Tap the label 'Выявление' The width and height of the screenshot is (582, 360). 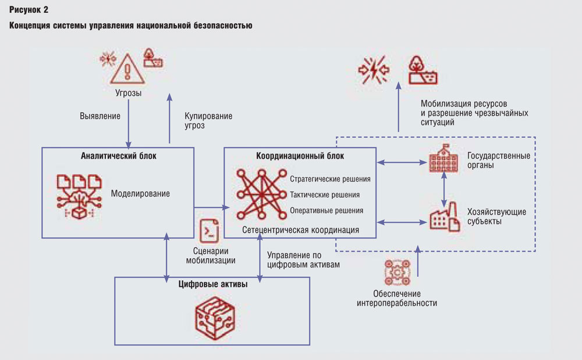pos(100,116)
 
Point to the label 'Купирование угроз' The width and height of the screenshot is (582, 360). pos(208,120)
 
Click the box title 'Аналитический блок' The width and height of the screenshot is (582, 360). pos(118,156)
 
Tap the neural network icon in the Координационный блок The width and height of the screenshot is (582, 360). pos(258,195)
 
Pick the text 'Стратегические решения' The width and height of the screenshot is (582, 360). pos(329,179)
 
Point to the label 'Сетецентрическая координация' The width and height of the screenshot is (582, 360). pos(300,230)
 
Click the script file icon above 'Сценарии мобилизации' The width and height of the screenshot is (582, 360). pos(209,231)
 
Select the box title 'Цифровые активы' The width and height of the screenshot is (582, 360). pos(212,284)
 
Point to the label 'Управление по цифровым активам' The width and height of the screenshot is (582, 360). pos(303,259)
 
